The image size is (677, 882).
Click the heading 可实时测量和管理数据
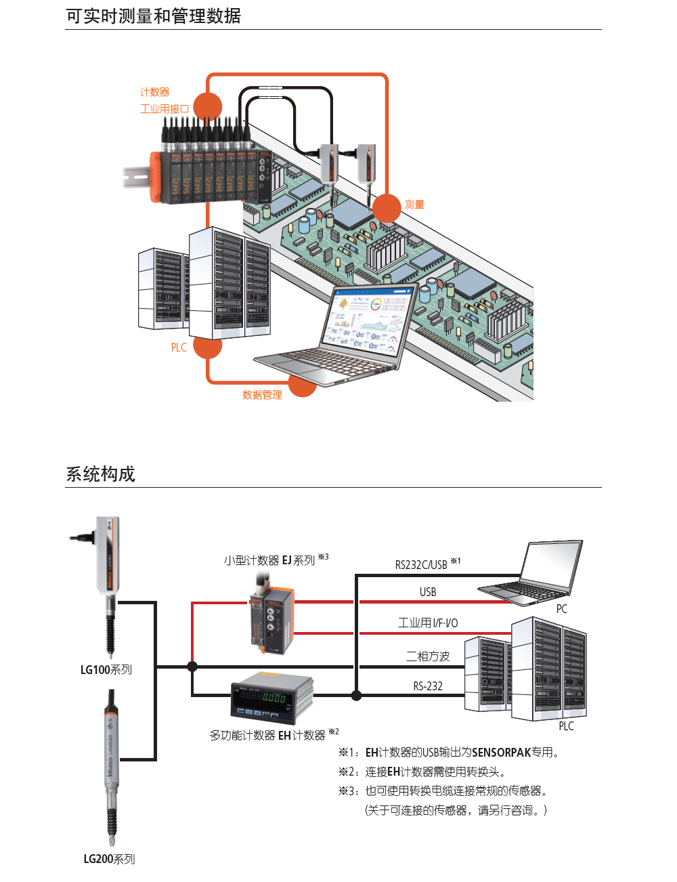click(x=153, y=16)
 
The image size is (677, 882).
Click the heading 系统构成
click(x=100, y=474)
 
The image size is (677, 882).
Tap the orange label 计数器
click(x=155, y=92)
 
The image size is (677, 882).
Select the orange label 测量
click(x=414, y=205)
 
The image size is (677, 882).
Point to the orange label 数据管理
click(x=262, y=395)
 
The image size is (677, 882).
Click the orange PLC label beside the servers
click(x=179, y=348)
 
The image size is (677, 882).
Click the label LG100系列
click(x=106, y=670)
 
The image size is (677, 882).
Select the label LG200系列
click(x=109, y=859)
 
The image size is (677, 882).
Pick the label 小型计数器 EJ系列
click(x=269, y=560)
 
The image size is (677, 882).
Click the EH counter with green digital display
click(x=272, y=697)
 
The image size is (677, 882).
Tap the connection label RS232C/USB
click(x=421, y=564)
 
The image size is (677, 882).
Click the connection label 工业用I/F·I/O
click(x=428, y=623)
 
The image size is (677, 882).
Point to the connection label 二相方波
click(x=428, y=656)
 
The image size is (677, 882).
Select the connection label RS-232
click(x=428, y=686)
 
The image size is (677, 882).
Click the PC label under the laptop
click(x=561, y=608)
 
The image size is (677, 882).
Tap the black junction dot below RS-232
click(x=356, y=695)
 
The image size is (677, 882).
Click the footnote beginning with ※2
click(x=422, y=772)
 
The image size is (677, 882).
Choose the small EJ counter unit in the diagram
click(x=271, y=618)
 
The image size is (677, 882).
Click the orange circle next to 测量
click(x=387, y=208)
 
